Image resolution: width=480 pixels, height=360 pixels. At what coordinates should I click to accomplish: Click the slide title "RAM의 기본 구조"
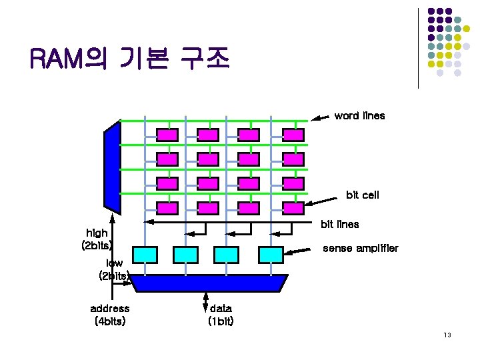[129, 61]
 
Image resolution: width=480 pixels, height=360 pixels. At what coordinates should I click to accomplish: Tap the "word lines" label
[359, 116]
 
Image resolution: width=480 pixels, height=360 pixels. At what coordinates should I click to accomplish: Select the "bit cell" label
[362, 195]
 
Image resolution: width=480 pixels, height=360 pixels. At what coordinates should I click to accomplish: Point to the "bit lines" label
[340, 224]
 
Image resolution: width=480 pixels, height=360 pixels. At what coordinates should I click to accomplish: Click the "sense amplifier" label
[360, 249]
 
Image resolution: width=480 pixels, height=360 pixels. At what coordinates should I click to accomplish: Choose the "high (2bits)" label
[97, 239]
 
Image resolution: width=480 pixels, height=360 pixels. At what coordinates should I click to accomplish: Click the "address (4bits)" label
[110, 315]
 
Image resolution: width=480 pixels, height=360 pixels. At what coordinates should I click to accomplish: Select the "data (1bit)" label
[221, 315]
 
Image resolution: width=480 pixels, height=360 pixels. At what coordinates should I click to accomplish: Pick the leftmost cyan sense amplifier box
[145, 254]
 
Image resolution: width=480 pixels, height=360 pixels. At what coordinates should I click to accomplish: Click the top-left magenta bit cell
[167, 134]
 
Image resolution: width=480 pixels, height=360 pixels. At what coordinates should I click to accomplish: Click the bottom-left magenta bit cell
[167, 207]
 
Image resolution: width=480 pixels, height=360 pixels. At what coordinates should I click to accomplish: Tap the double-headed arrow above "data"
[206, 301]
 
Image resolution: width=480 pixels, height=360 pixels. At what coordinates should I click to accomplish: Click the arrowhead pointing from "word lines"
[318, 119]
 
